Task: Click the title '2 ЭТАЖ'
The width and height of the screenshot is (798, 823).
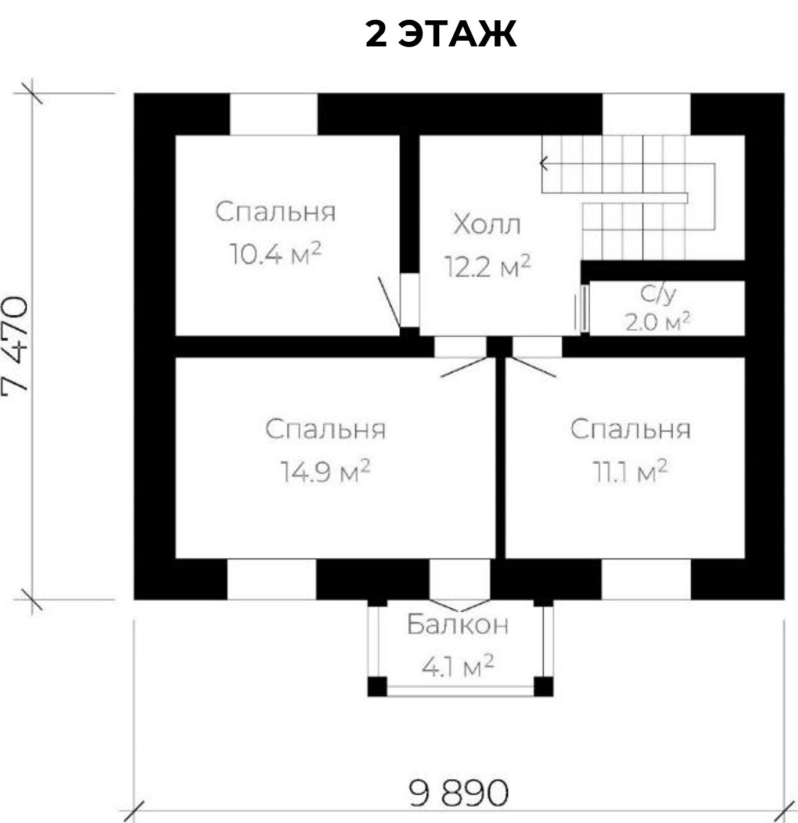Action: click(x=440, y=34)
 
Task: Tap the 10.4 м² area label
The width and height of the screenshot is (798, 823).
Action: click(x=275, y=253)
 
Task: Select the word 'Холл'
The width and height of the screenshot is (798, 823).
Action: click(x=487, y=224)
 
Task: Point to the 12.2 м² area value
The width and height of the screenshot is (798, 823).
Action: click(x=487, y=266)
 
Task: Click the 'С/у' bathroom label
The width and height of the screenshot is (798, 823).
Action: click(x=658, y=295)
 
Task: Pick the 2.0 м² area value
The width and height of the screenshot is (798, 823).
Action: click(x=658, y=322)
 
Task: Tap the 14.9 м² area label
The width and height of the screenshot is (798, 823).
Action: click(x=325, y=471)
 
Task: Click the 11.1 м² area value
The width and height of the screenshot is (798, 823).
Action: click(x=630, y=471)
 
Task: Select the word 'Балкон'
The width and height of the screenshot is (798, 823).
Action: click(x=457, y=625)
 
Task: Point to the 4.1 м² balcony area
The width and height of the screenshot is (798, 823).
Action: click(x=457, y=666)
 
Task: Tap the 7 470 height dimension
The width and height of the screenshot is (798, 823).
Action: click(x=16, y=345)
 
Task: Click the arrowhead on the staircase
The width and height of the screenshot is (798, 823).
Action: click(x=544, y=164)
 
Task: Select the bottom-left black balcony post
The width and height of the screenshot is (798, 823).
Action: click(x=377, y=687)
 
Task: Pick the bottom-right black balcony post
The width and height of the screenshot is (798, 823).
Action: click(x=543, y=687)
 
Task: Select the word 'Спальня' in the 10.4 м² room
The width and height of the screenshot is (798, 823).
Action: click(x=275, y=211)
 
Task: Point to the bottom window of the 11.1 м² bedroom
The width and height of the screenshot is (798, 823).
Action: click(x=646, y=579)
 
